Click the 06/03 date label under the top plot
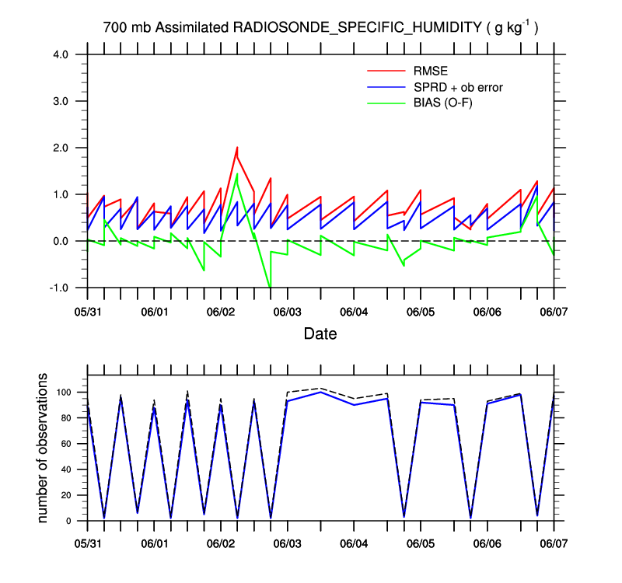pos(288,311)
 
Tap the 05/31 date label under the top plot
pos(87,311)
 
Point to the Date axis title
pos(320,334)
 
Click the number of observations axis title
pos(44,448)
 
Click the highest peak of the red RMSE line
pos(237,147)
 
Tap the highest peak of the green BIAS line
pos(236,174)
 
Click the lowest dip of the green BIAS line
pos(270,287)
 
